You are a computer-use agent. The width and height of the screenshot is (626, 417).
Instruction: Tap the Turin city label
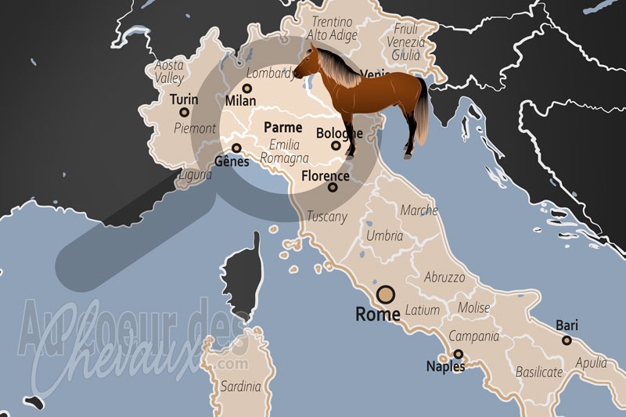pos(184,100)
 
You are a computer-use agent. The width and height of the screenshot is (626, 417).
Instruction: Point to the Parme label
pos(282,127)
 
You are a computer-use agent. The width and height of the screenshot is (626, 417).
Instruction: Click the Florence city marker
pos(333,187)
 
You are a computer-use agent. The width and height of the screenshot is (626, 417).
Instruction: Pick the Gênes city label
pos(231,162)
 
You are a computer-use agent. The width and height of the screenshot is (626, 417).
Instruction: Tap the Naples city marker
pos(459,354)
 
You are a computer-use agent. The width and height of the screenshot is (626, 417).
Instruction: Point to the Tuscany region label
pos(326,216)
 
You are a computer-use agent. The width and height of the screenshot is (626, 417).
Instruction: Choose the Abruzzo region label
pos(444,277)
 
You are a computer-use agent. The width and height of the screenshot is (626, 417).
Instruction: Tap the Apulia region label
pos(591,363)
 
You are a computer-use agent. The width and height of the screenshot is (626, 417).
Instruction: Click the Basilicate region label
pos(540,372)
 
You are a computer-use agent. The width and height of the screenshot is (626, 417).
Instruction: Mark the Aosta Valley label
pos(170,72)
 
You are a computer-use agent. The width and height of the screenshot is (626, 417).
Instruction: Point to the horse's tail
pos(423,113)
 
